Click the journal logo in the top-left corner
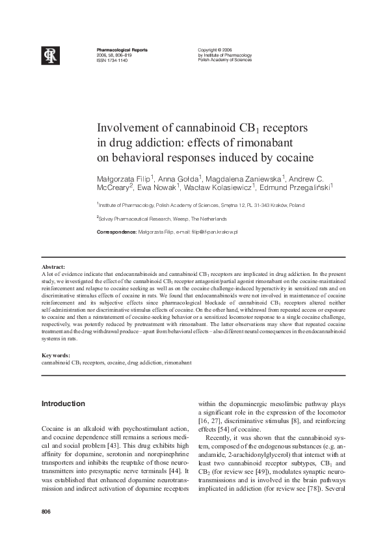51,56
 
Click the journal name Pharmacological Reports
122,50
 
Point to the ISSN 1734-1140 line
112,61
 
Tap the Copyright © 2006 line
214,50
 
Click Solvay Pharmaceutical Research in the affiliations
134,219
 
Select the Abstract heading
53,267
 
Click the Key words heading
56,355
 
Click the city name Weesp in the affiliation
177,219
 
